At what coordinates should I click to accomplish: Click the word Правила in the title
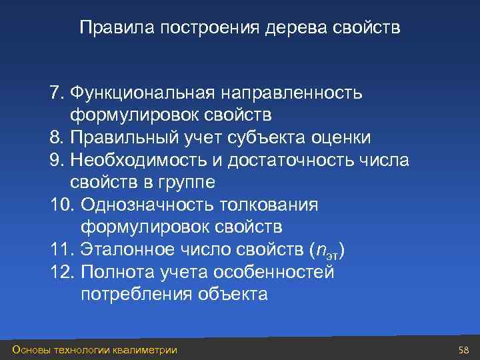click(109, 29)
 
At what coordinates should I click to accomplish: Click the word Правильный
click(125, 137)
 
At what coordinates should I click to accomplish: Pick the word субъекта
click(270, 137)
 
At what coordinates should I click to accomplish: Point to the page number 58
click(464, 350)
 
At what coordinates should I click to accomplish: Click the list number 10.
click(60, 205)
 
